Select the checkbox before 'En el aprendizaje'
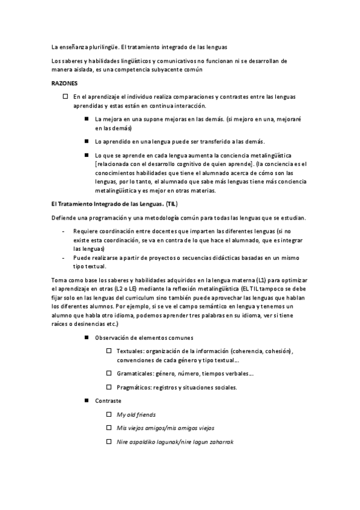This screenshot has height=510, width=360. pos(66,96)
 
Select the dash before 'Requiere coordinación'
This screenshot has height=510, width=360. pos(64,230)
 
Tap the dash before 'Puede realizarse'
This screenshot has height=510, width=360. pos(64,257)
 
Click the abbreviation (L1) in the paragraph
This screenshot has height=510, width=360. pos(262,280)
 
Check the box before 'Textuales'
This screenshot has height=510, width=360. pos(109,351)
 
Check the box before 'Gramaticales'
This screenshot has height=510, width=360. pos(109,374)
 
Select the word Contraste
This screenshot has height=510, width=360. pos(108,401)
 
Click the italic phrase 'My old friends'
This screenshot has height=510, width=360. pos(136,414)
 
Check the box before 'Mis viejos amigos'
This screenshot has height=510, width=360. pos(109,428)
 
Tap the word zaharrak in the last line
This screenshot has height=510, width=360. pos(220,441)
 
